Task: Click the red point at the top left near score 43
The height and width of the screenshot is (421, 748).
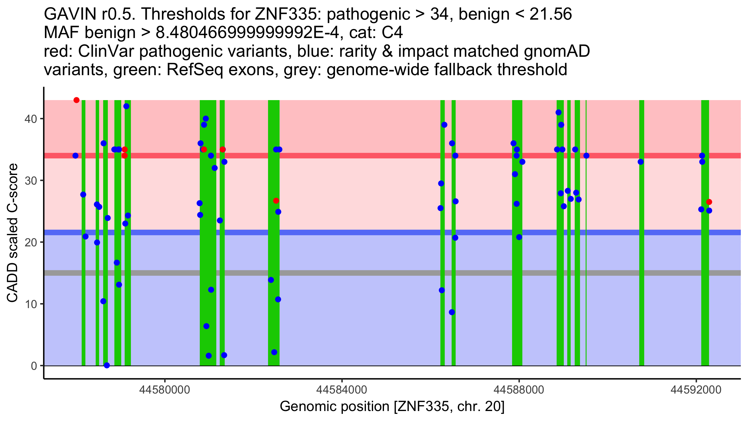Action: pyautogui.click(x=76, y=100)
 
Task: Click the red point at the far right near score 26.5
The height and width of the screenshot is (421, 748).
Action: pyautogui.click(x=709, y=202)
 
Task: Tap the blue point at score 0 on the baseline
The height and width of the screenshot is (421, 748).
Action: pyautogui.click(x=107, y=365)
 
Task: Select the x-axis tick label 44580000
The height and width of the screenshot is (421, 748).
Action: pyautogui.click(x=165, y=390)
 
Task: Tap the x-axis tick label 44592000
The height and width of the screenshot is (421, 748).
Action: pyautogui.click(x=696, y=390)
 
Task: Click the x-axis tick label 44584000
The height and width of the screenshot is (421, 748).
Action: pyautogui.click(x=342, y=390)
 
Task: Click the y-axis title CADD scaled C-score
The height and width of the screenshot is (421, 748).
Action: pyautogui.click(x=12, y=233)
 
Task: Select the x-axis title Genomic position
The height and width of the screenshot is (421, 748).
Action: pyautogui.click(x=392, y=406)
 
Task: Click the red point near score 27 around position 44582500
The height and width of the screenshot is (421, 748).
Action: pyautogui.click(x=276, y=201)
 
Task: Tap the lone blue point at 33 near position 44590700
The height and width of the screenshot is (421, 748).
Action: pyautogui.click(x=640, y=162)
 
